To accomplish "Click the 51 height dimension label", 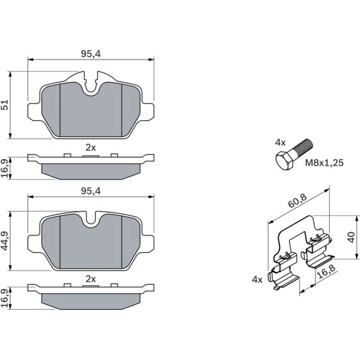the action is (x=5, y=105).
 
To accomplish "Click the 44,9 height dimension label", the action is (x=5, y=240).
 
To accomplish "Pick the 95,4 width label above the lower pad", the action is (x=91, y=191).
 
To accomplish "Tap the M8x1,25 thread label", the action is (x=324, y=163).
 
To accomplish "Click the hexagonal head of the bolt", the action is (x=284, y=160).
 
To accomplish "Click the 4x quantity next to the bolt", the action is (x=280, y=143).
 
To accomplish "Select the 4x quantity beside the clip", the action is (x=257, y=279).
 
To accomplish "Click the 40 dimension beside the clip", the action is (x=351, y=237).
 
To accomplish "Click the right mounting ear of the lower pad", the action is (x=147, y=243).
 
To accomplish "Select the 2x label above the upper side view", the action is (x=91, y=148).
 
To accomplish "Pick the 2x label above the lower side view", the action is (x=91, y=279).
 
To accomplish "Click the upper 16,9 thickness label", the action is (x=5, y=168).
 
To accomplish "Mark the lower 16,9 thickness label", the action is (x=5, y=298).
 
